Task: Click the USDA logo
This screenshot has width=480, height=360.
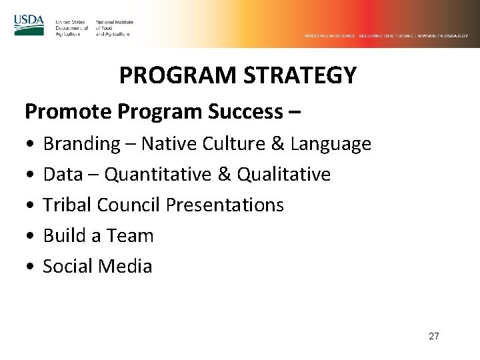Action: click(x=29, y=25)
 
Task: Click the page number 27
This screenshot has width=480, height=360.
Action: click(x=433, y=336)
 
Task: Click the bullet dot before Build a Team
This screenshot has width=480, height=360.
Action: click(x=30, y=236)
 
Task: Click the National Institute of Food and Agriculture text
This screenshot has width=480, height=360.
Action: click(x=114, y=27)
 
